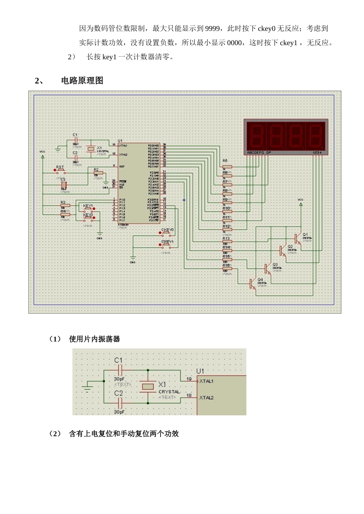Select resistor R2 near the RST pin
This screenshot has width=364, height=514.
(x=98, y=173)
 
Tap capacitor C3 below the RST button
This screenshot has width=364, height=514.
(x=64, y=185)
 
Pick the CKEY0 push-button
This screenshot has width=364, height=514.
(x=167, y=233)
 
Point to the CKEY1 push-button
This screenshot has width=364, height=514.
(x=167, y=245)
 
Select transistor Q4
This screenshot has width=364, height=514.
(x=252, y=284)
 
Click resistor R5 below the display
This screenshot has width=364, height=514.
(x=227, y=167)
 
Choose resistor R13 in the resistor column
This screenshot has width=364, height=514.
(x=227, y=242)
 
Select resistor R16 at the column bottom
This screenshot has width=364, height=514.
(x=227, y=269)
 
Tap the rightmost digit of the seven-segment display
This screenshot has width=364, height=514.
(x=316, y=136)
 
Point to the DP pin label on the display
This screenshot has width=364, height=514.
(x=269, y=153)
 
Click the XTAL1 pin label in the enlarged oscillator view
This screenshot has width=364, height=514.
(x=207, y=381)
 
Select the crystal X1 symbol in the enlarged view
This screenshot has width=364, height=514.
(x=148, y=387)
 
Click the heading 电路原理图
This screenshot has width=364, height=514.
(x=82, y=81)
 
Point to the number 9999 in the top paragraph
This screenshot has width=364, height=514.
(x=213, y=29)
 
